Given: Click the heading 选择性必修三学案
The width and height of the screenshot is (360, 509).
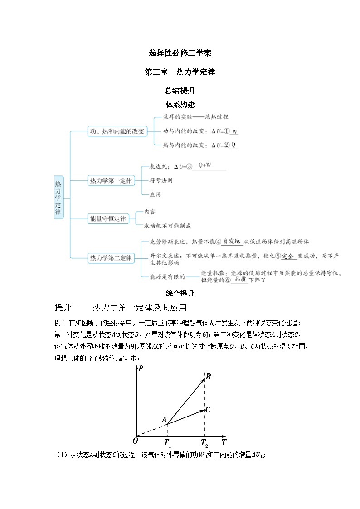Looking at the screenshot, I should (180, 53).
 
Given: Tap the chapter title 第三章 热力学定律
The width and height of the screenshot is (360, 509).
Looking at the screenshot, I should (180, 72).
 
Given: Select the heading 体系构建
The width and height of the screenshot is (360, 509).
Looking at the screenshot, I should (180, 105).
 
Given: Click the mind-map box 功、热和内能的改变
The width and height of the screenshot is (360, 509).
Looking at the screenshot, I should (117, 131).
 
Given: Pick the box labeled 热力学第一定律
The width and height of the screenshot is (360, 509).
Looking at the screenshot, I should (111, 181).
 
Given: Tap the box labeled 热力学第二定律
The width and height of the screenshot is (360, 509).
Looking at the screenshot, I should (111, 258).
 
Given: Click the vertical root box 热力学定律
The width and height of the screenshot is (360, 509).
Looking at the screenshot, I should (58, 198).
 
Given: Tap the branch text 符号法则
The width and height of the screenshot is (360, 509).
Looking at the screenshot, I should (161, 180).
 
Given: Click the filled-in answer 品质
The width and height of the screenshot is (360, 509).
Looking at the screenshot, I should (239, 279).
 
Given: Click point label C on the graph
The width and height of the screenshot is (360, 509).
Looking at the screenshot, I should (208, 410).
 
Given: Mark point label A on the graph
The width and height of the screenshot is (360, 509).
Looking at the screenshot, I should (164, 419).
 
